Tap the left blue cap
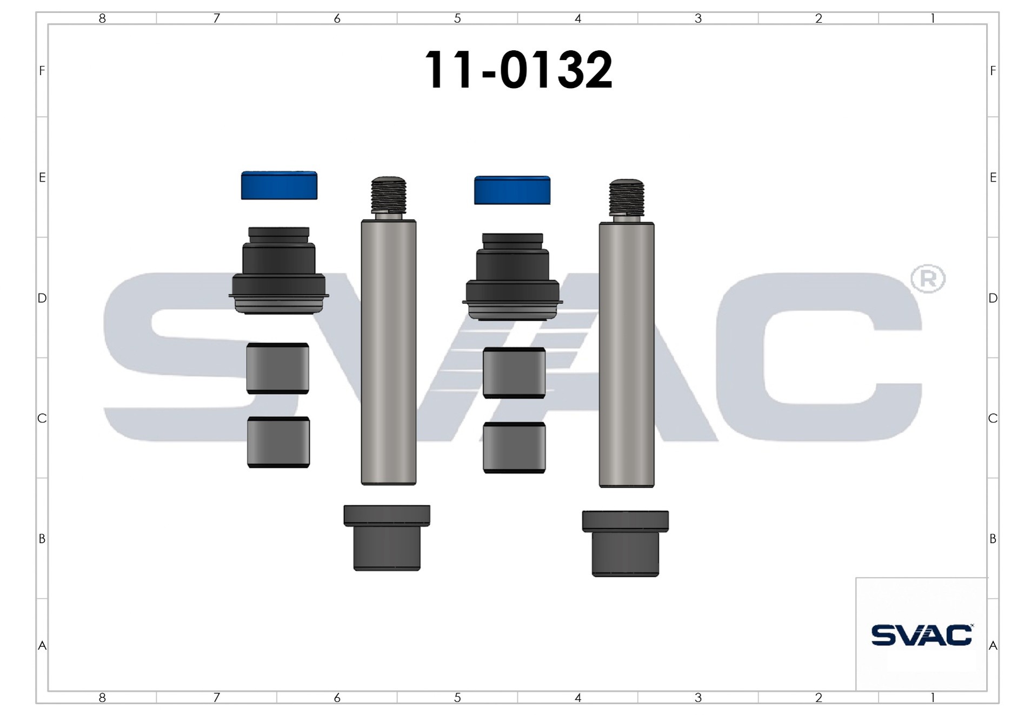coord(279,186)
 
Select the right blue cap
coord(512,190)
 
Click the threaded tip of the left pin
coord(389,195)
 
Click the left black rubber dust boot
coord(279,270)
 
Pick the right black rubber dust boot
coord(513,276)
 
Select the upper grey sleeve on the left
coord(278,368)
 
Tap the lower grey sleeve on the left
coord(278,442)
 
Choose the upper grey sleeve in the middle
coord(514,373)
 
